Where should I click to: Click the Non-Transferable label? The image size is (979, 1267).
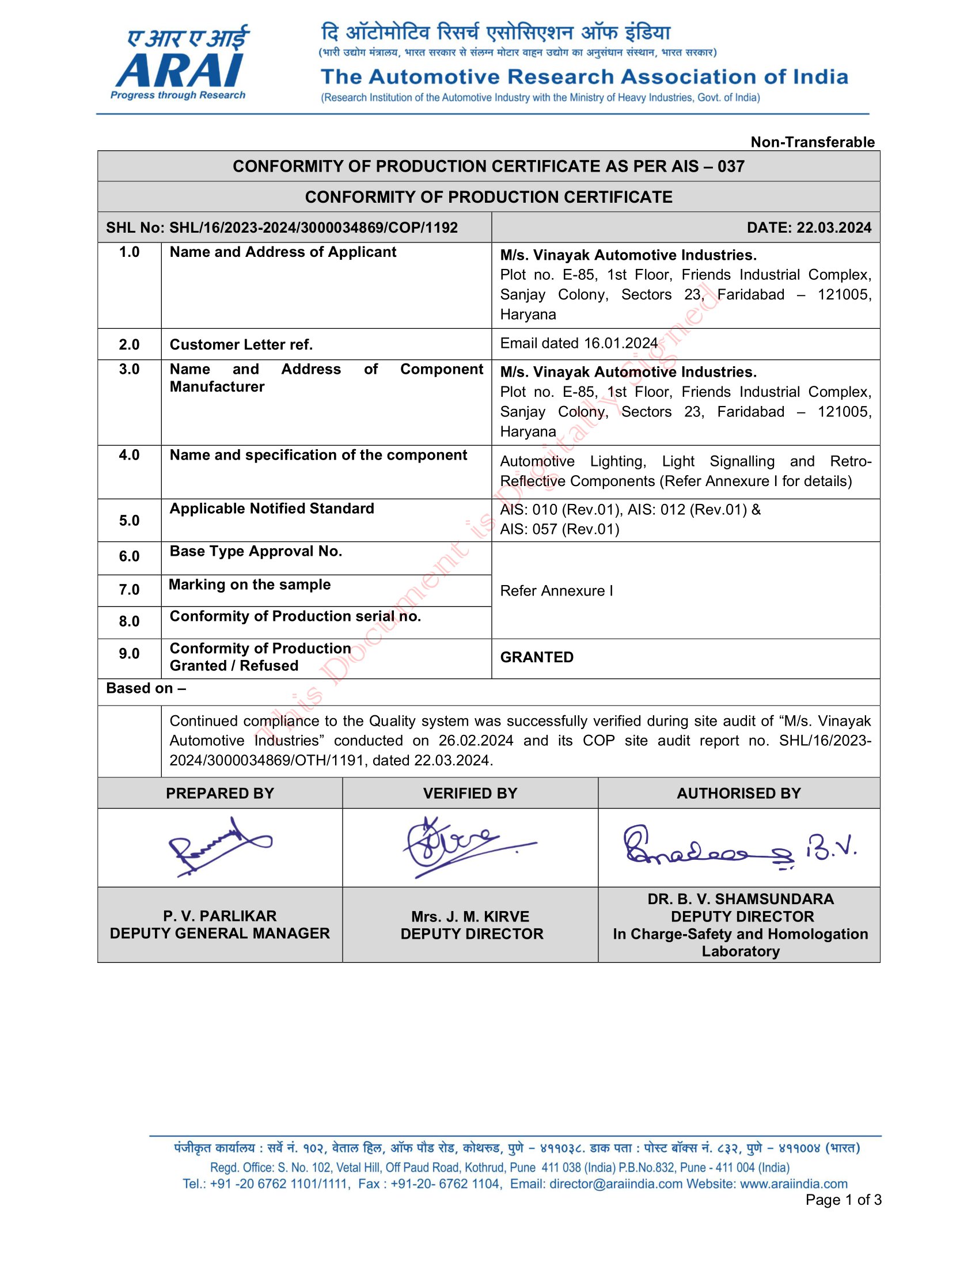point(812,142)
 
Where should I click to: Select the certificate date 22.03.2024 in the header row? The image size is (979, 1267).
point(809,227)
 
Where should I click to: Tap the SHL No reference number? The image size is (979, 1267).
point(282,227)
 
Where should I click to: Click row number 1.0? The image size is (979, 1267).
point(130,252)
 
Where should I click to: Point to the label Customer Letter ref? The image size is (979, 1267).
point(241,344)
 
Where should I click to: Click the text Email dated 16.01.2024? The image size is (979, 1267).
point(578,343)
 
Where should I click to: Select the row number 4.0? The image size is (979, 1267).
point(130,455)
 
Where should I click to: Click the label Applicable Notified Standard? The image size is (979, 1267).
point(271,509)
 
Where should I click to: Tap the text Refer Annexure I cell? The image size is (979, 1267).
point(556,590)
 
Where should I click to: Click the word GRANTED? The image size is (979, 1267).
point(537,657)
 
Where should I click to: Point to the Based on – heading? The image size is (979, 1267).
point(146,689)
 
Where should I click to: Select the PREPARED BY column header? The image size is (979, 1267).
point(220,794)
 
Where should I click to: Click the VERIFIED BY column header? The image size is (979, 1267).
point(470,794)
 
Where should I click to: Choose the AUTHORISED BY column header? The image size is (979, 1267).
point(738,794)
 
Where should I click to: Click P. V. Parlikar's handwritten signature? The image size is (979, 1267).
point(218,847)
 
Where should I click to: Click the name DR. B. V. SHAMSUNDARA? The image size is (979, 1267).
point(740,899)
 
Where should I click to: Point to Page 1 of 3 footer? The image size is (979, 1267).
point(843,1200)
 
